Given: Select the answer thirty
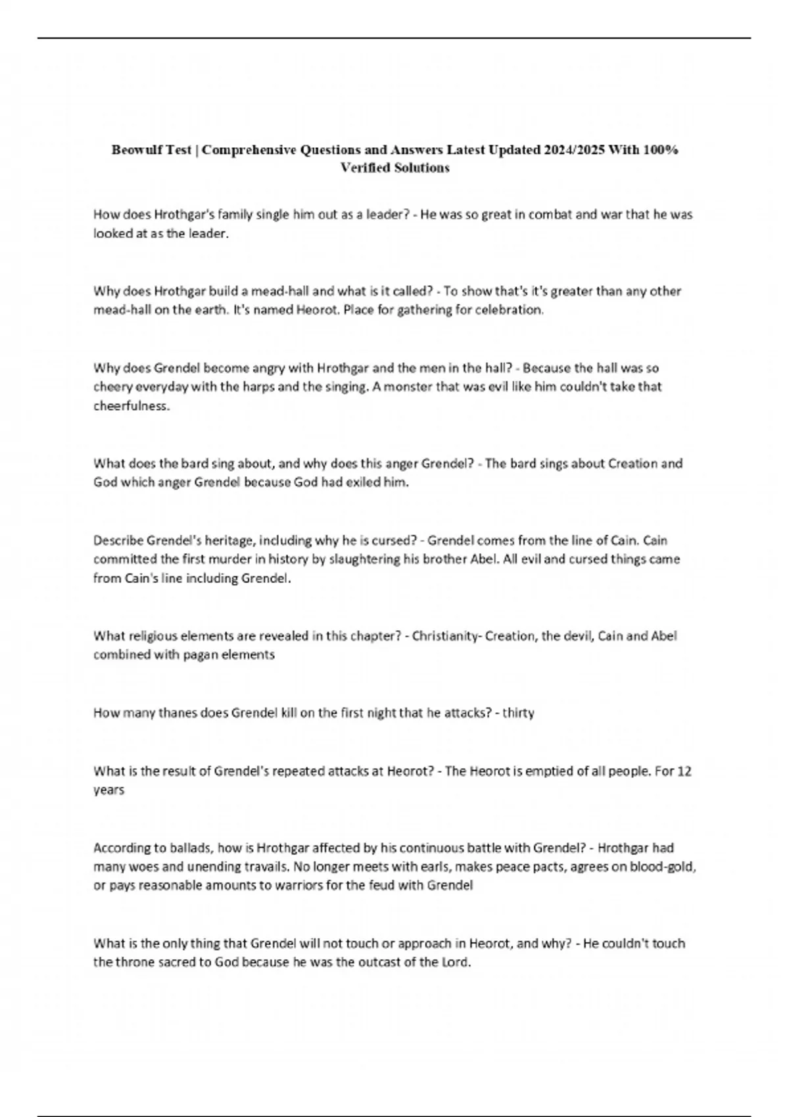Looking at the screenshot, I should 518,712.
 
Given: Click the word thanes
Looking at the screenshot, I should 177,712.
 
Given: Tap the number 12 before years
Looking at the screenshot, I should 684,771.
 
